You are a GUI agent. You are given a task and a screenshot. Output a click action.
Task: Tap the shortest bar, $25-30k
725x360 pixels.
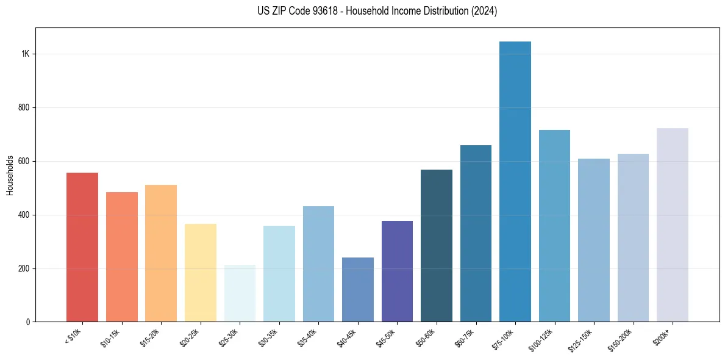(240, 293)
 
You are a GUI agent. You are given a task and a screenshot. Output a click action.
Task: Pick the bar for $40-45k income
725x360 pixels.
(358, 290)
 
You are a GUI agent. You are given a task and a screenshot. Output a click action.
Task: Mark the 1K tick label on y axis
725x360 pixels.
(26, 54)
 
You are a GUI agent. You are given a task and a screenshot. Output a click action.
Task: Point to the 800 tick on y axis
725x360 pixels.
(24, 107)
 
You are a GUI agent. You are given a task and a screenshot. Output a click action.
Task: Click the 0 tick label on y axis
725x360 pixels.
(27, 322)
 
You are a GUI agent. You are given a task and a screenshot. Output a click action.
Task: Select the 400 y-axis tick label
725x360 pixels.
(24, 215)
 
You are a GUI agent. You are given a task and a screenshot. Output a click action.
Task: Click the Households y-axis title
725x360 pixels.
(10, 175)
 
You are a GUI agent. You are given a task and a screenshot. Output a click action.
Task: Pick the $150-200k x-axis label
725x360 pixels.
(620, 339)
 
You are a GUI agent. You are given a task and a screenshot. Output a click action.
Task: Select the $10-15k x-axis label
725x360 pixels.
(110, 337)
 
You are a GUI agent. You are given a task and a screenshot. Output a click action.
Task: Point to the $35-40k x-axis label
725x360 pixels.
(307, 337)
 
